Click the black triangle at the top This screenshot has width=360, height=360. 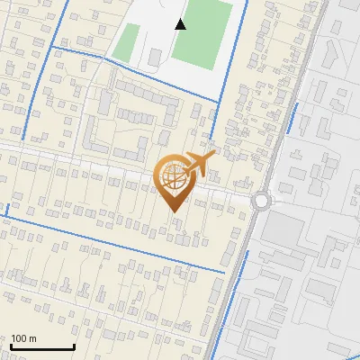click(x=181, y=24)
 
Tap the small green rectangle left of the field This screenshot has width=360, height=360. click(x=126, y=40)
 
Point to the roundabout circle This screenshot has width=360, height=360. click(x=261, y=201)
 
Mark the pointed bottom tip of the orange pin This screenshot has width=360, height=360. click(x=172, y=212)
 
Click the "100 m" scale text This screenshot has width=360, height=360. click(x=24, y=338)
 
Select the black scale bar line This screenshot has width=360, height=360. click(x=42, y=347)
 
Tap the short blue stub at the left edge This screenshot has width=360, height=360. click(x=7, y=210)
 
